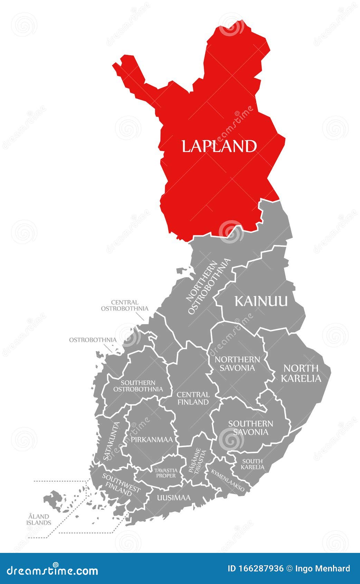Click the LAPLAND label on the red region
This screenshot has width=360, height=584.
click(219, 146)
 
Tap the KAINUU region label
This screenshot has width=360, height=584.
click(261, 301)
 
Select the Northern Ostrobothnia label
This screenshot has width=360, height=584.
click(208, 287)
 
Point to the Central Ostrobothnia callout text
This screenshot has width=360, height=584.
click(124, 305)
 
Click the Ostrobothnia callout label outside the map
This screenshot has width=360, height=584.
click(93, 340)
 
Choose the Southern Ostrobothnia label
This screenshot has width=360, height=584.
click(138, 386)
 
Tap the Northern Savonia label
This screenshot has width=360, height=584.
click(237, 364)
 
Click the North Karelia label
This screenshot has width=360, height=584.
click(301, 373)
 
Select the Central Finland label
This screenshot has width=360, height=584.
click(193, 398)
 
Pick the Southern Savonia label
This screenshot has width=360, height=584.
click(250, 428)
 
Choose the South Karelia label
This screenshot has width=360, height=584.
click(252, 464)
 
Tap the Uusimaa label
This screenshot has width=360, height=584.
click(173, 498)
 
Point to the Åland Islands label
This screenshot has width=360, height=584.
click(39, 519)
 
